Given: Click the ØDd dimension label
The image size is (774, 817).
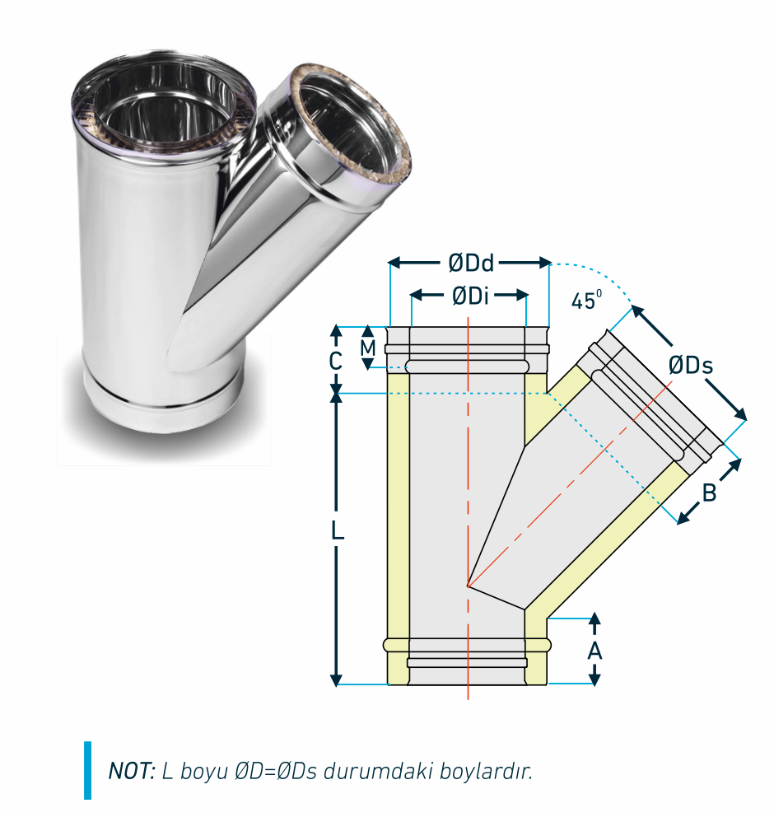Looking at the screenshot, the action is (x=471, y=263).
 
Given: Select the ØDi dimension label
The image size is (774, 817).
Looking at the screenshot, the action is (x=470, y=296).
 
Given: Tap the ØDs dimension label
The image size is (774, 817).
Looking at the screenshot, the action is (x=691, y=365).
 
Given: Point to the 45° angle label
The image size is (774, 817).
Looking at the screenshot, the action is (x=586, y=300).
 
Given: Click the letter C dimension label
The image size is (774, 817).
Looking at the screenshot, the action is (x=335, y=361).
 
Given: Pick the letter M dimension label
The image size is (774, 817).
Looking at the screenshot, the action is (x=368, y=348).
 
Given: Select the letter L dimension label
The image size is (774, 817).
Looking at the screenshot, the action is (x=338, y=531).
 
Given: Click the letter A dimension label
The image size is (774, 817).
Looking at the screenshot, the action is (x=594, y=651).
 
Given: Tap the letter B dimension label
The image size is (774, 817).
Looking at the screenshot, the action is (x=710, y=493).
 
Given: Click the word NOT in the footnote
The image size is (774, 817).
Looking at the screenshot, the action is (x=132, y=771).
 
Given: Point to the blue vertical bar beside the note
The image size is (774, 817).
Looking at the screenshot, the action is (x=87, y=770).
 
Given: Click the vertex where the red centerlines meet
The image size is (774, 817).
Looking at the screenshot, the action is (x=469, y=586).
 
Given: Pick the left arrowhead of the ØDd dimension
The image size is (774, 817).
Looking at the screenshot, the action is (x=394, y=262).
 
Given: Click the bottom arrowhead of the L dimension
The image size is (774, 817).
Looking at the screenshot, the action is (x=337, y=679).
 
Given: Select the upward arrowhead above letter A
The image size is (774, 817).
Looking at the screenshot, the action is (x=594, y=619).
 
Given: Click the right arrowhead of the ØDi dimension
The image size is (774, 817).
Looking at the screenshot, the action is (x=522, y=296).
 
